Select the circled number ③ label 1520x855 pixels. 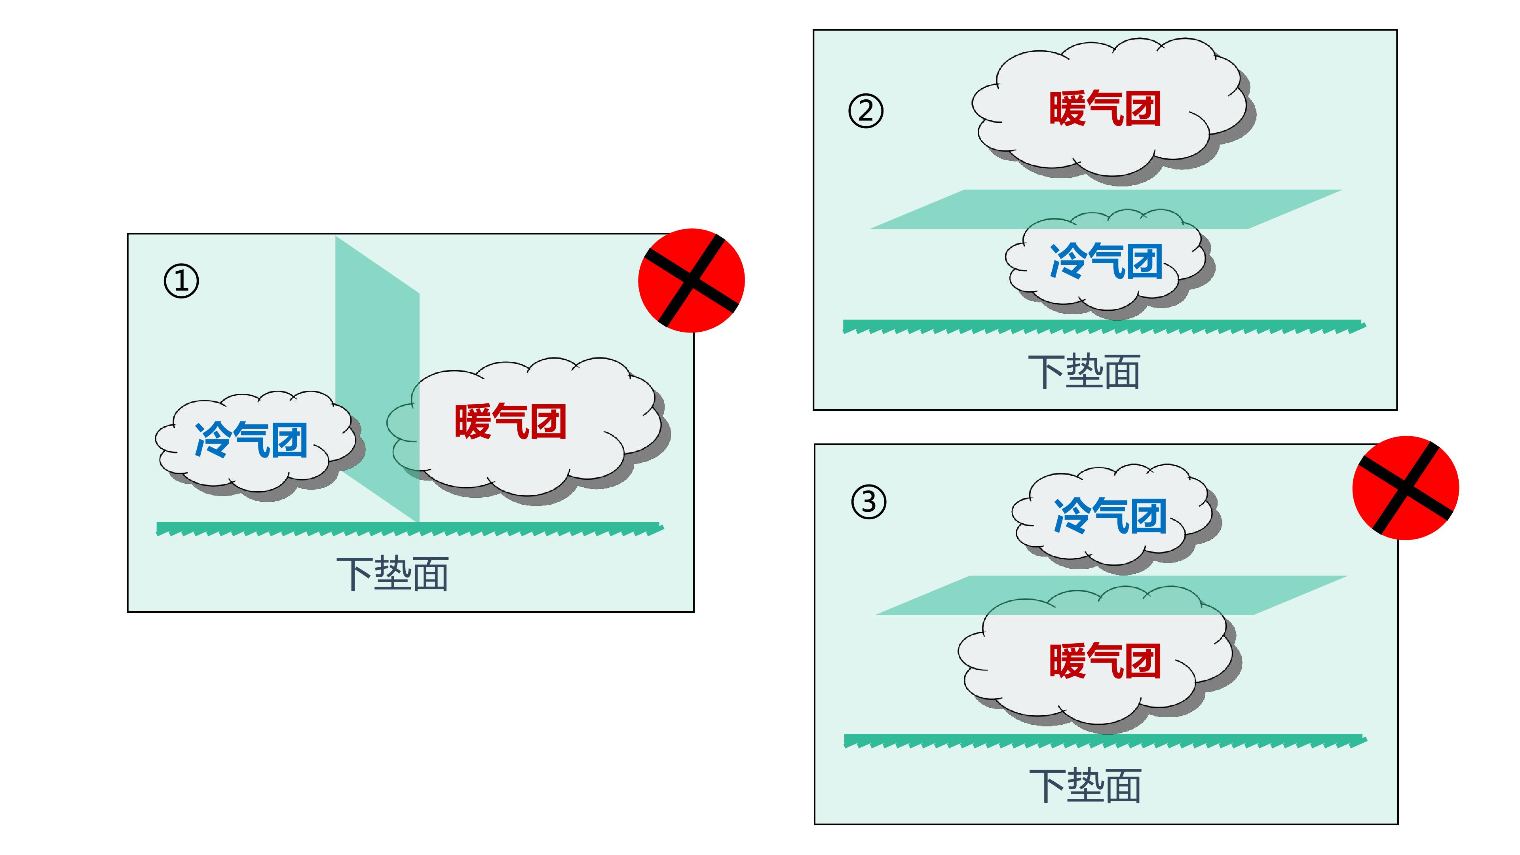click(x=868, y=502)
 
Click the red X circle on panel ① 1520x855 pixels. click(x=692, y=280)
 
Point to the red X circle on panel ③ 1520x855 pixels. click(x=1406, y=488)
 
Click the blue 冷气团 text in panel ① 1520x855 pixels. click(x=251, y=440)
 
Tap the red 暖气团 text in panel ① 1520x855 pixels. click(x=510, y=421)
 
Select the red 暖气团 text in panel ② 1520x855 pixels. click(x=1105, y=108)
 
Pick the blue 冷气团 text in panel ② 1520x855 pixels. click(x=1106, y=261)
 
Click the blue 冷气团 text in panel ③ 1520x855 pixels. click(x=1110, y=516)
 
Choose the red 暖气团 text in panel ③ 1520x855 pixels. click(x=1105, y=661)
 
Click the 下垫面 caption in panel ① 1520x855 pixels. click(x=392, y=574)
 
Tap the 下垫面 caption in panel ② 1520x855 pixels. click(x=1084, y=372)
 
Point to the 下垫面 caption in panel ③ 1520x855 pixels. click(x=1085, y=786)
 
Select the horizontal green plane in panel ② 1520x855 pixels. click(x=1106, y=209)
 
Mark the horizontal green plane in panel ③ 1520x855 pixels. click(x=1111, y=595)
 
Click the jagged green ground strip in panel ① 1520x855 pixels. click(x=410, y=529)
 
